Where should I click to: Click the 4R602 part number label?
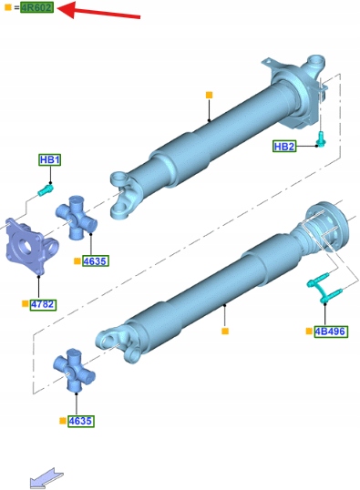click(37, 7)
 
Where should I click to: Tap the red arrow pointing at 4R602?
click(98, 10)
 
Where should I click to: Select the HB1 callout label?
click(50, 160)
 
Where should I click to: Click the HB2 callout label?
click(284, 147)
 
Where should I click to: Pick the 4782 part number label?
click(43, 304)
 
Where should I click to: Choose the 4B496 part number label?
click(331, 332)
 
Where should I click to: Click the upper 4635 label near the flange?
click(96, 260)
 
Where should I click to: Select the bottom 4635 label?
click(81, 421)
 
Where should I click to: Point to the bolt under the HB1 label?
click(46, 189)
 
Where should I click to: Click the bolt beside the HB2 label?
click(321, 139)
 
